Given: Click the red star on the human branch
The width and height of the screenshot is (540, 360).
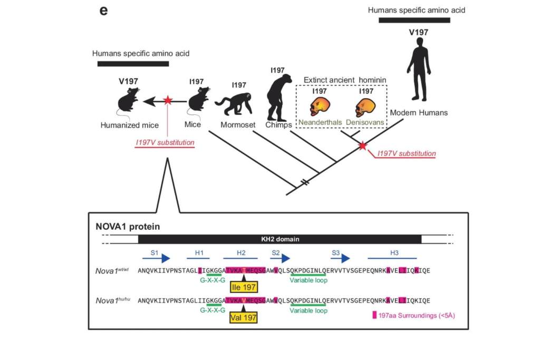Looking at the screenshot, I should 362,145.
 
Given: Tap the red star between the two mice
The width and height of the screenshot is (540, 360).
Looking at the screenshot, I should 167,100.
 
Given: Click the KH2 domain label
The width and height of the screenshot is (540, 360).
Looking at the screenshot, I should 279,239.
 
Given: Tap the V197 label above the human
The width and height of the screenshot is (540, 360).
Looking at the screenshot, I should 419,32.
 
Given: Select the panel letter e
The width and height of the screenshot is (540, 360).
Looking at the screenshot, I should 103,11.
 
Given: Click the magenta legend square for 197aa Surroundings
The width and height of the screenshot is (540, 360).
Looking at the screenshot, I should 374,315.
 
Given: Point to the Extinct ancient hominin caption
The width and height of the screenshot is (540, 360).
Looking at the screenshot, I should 341,80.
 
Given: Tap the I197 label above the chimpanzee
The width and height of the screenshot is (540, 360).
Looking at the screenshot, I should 277,70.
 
